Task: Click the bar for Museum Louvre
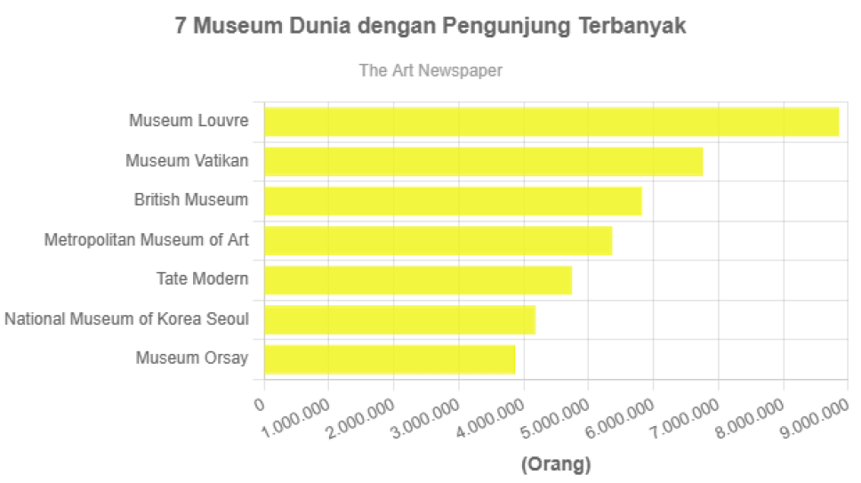coord(551,122)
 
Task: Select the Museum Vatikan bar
coord(484,162)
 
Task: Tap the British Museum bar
coord(453,201)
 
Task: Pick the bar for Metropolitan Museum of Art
coord(438,241)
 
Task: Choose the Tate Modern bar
coord(418,280)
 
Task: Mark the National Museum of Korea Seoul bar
coord(399,320)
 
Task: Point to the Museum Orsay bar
coord(390,359)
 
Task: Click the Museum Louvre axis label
coord(189,120)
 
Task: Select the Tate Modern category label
coord(202,278)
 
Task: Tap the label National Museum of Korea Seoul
coord(126,318)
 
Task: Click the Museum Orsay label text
coord(192,358)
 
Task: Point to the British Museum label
coord(191,199)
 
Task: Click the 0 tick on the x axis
coord(260,405)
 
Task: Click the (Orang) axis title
coord(556,464)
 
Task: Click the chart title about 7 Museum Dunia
coord(430,26)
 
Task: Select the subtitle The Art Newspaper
coord(430,70)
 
